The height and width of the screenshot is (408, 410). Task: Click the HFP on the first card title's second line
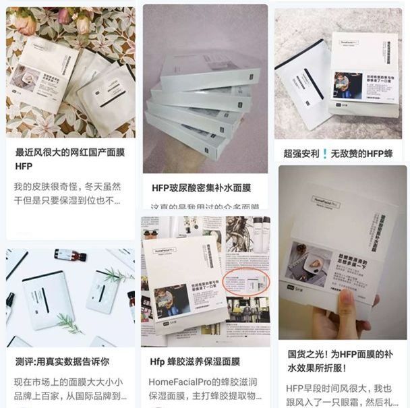pos(24,166)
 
